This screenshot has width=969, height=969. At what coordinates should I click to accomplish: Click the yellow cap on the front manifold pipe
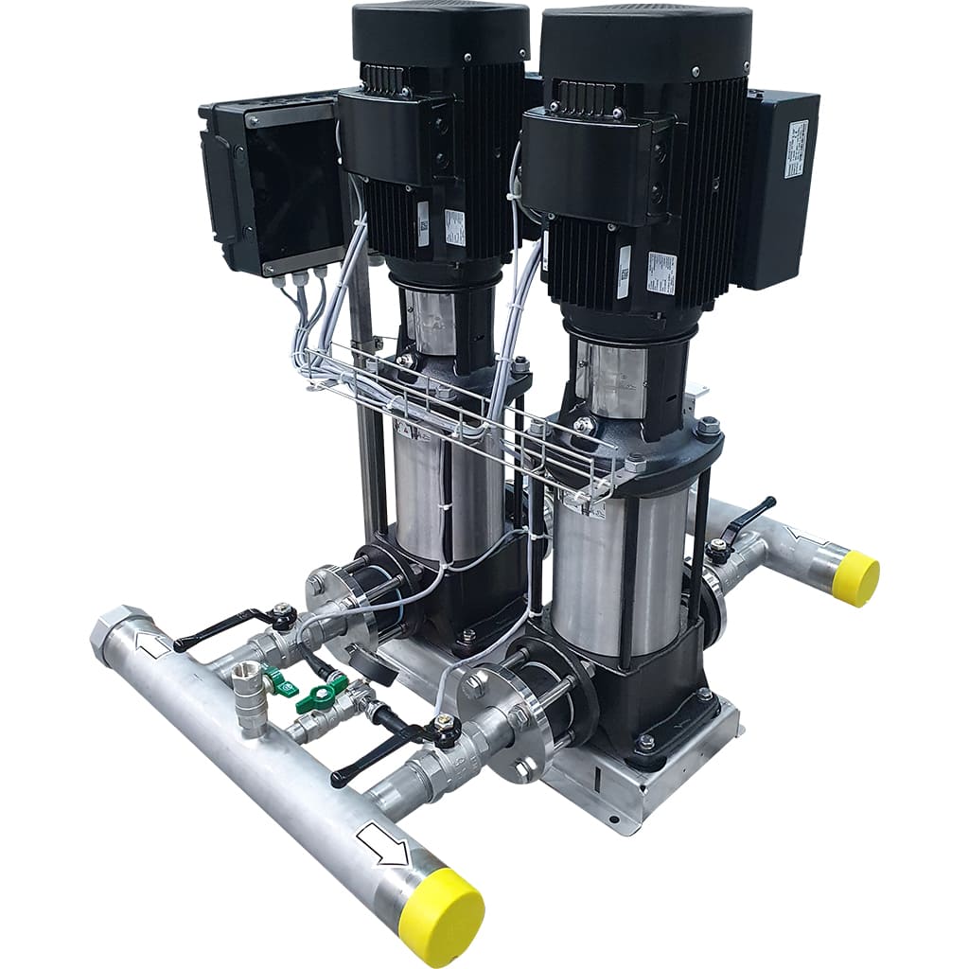[x=441, y=916]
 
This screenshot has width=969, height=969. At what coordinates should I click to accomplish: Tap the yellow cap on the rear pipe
[x=856, y=577]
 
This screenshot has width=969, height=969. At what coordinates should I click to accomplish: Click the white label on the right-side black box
[x=797, y=150]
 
